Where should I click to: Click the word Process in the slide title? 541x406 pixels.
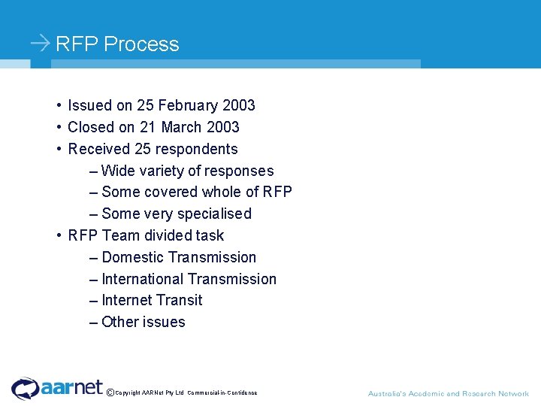point(141,44)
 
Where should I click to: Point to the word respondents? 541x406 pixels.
point(197,149)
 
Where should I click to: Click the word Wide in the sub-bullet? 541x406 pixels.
point(117,171)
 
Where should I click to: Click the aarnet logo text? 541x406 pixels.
point(72,386)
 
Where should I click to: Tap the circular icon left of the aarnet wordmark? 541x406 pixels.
point(25,388)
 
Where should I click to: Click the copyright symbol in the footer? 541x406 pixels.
point(110,392)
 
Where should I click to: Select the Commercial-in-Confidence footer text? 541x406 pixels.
point(222,393)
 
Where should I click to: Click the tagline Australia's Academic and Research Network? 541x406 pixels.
point(448,393)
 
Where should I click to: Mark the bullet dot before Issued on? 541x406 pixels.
point(59,105)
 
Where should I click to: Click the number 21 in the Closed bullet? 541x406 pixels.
point(148,127)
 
